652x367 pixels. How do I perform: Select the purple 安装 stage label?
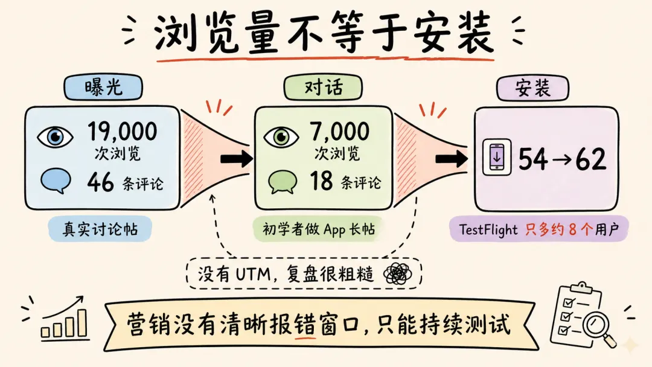[x=532, y=89]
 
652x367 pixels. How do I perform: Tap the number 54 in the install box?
[x=533, y=159]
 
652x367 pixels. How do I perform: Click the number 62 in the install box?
[x=590, y=159]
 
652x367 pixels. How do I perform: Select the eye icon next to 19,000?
[x=55, y=136]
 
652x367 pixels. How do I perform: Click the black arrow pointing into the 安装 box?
[x=452, y=159]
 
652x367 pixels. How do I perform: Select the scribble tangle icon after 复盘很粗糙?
[x=397, y=275]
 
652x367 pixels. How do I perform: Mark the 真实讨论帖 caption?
[x=99, y=229]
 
